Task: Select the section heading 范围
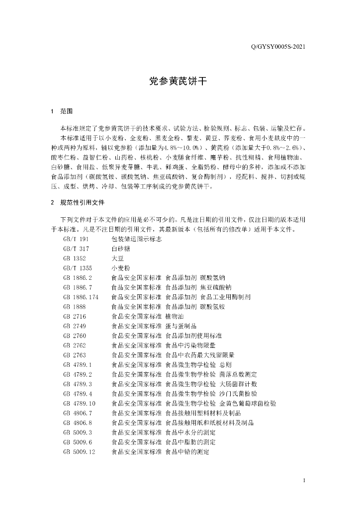click(x=66, y=111)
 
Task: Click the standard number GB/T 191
click(x=76, y=239)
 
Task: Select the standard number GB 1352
click(x=75, y=258)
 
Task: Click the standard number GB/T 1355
click(x=77, y=268)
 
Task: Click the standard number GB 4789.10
click(x=79, y=403)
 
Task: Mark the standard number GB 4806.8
click(x=78, y=423)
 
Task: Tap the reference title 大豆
click(x=117, y=258)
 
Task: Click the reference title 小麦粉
click(x=120, y=268)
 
